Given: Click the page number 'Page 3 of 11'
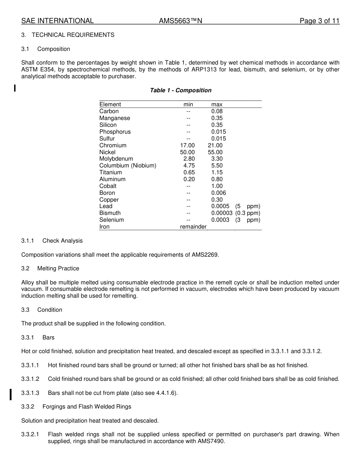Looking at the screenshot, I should coord(319,21).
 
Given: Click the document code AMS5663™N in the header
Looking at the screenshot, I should coord(180,21).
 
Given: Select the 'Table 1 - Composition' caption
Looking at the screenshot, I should coord(180,90).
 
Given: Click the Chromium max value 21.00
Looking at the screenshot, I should coord(215,145).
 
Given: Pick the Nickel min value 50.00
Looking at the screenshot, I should coord(187,152).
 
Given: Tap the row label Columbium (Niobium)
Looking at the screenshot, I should coord(128,166).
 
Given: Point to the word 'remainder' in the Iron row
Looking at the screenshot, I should coord(193,227).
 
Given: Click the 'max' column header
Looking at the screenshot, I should coord(217,104).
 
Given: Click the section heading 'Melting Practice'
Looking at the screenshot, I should coord(58,268).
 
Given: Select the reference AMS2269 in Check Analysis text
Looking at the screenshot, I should coord(204,255).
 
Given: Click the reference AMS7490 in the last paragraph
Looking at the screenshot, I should coord(211,441).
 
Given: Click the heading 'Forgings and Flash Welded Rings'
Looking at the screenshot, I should coord(87,407).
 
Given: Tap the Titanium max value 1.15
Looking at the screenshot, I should coord(217,172).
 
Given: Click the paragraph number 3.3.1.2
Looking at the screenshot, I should coord(30,379).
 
